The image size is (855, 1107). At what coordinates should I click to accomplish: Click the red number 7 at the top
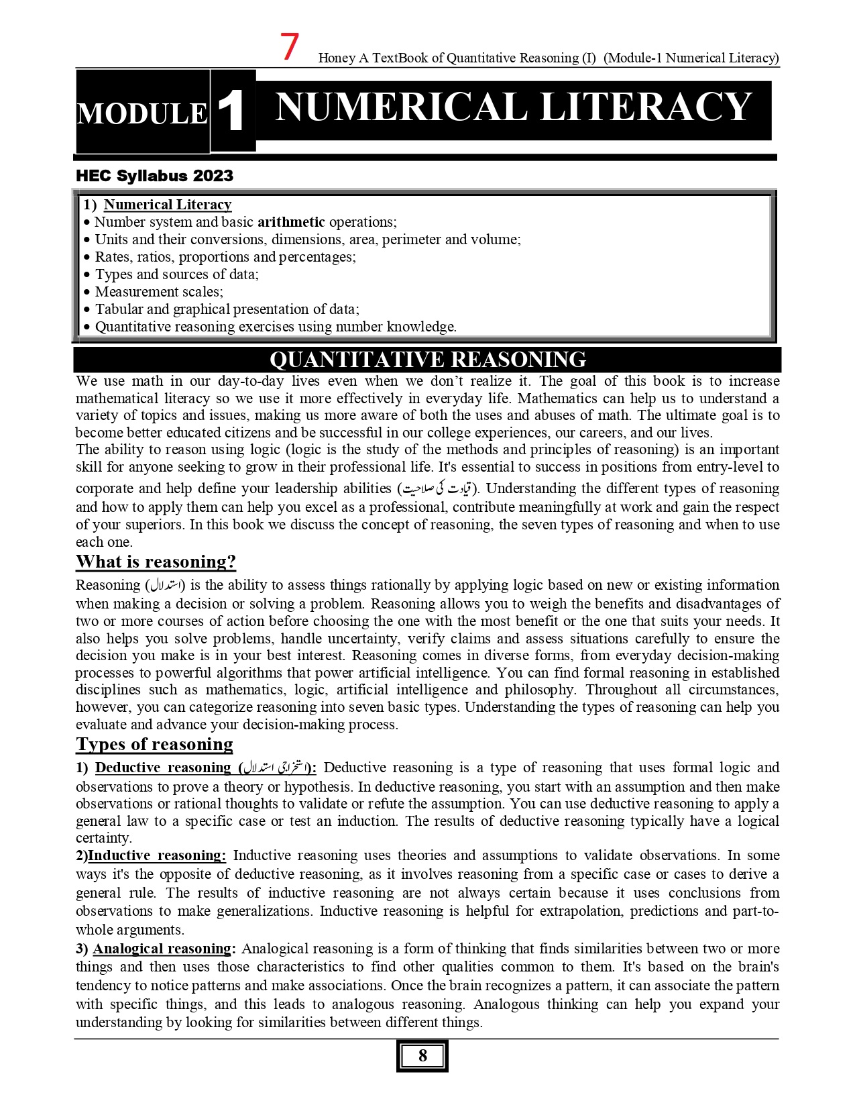pyautogui.click(x=290, y=48)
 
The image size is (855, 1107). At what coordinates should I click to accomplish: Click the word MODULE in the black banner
pyautogui.click(x=142, y=113)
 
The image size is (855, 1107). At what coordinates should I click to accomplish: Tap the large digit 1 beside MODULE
pyautogui.click(x=232, y=111)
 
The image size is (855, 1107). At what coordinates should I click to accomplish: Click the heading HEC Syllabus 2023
pyautogui.click(x=155, y=176)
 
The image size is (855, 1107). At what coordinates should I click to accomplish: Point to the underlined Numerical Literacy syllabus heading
pyautogui.click(x=168, y=205)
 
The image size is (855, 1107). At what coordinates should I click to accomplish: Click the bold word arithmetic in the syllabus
pyautogui.click(x=291, y=222)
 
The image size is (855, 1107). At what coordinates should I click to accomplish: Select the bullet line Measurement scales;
pyautogui.click(x=159, y=292)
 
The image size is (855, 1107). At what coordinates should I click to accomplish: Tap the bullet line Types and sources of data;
pyautogui.click(x=176, y=274)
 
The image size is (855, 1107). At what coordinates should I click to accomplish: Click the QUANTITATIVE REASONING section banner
pyautogui.click(x=427, y=360)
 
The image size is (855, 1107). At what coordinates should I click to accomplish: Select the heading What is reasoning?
pyautogui.click(x=156, y=562)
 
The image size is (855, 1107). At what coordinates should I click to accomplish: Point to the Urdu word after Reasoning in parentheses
pyautogui.click(x=166, y=585)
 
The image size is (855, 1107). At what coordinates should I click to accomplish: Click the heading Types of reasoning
pyautogui.click(x=154, y=744)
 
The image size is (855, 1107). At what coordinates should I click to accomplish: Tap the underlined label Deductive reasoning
pyautogui.click(x=163, y=768)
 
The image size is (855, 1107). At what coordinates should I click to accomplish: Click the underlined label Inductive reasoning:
pyautogui.click(x=157, y=855)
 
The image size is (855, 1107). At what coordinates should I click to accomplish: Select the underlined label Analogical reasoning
pyautogui.click(x=162, y=949)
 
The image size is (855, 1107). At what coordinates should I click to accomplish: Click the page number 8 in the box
pyautogui.click(x=422, y=1056)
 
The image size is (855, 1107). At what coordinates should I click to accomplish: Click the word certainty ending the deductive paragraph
pyautogui.click(x=103, y=839)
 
